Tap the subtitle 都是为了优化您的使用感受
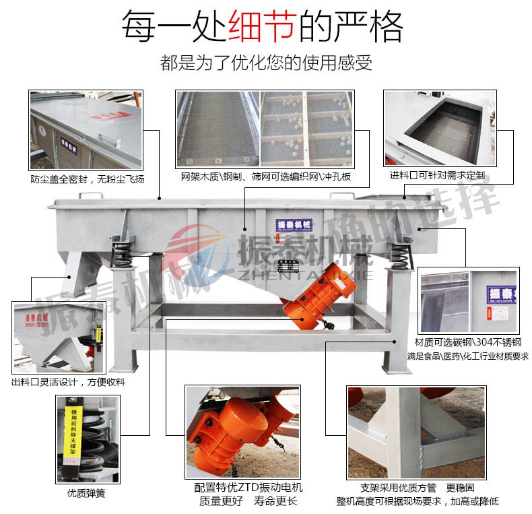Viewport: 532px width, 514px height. (266, 64)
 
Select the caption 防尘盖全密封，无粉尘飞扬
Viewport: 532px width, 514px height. (87, 179)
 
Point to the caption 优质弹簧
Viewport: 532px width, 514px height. (86, 492)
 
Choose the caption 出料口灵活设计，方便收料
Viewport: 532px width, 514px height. (69, 382)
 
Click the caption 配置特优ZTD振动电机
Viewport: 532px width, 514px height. (248, 487)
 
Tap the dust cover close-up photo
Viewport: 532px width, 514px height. (86, 130)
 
